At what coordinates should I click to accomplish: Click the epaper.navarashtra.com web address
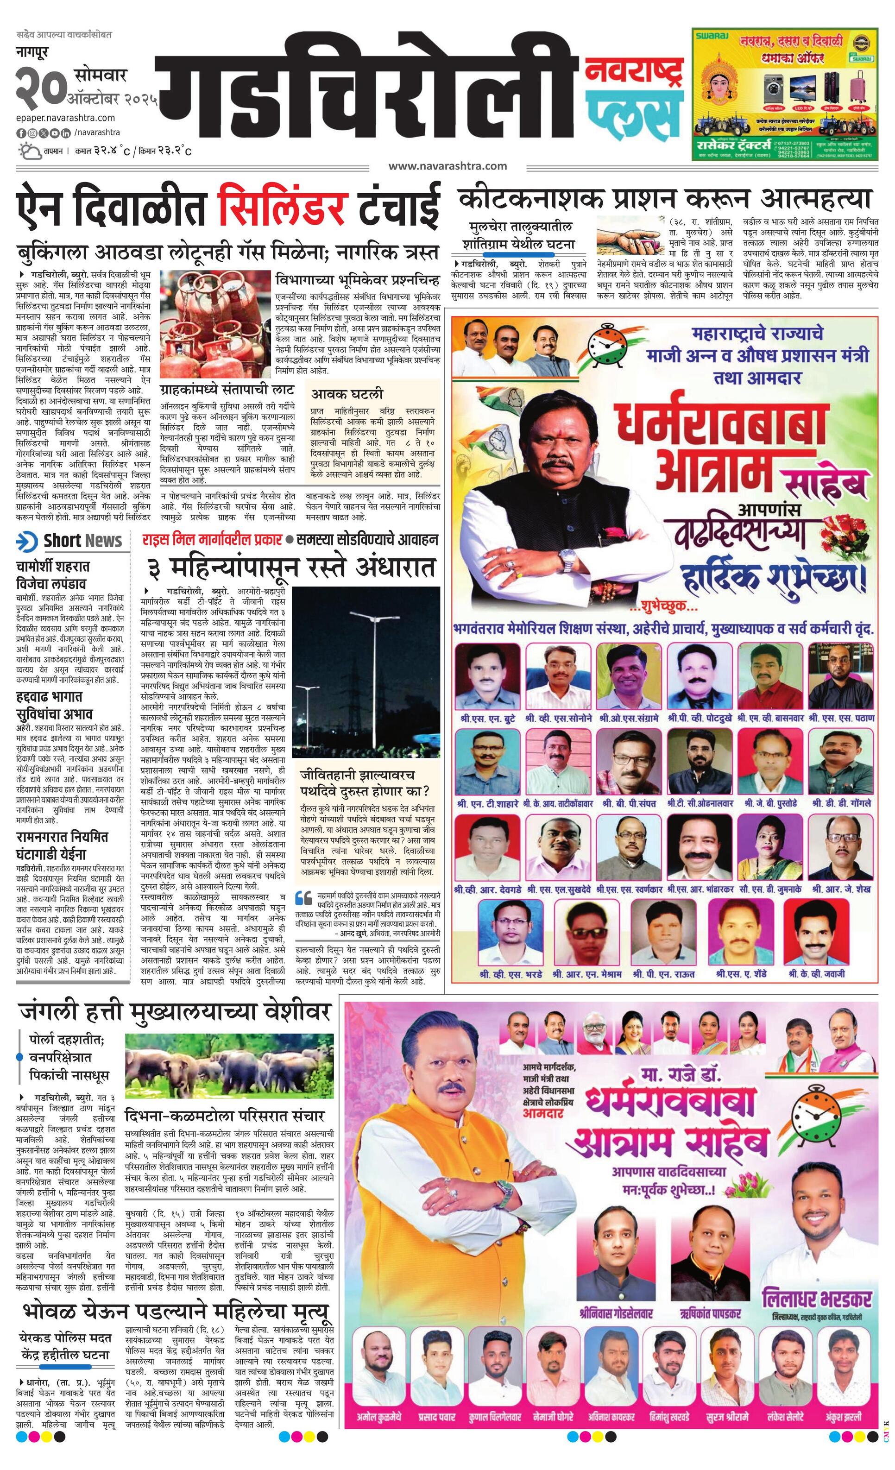point(66,118)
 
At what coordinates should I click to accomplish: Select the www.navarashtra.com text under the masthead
point(447,166)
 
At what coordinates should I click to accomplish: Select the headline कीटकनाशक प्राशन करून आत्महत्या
point(664,197)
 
